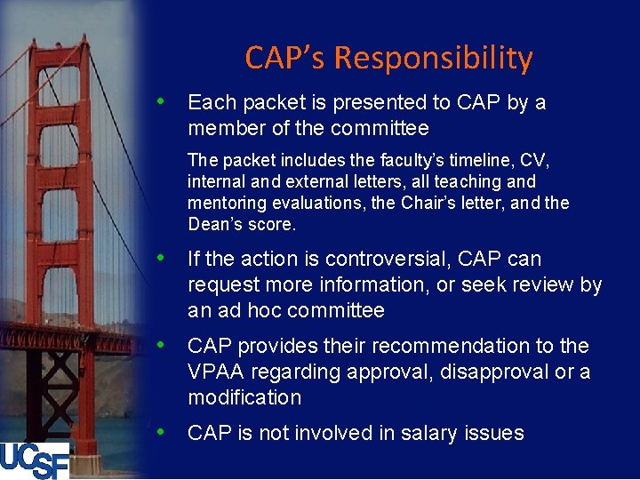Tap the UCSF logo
coord(35,460)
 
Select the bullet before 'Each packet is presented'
coord(162,100)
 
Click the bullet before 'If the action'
coord(162,257)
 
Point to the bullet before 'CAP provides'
coord(162,344)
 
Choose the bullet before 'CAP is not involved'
coord(162,431)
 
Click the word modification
coord(244,397)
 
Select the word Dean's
coord(215,224)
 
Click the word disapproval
coord(492,372)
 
